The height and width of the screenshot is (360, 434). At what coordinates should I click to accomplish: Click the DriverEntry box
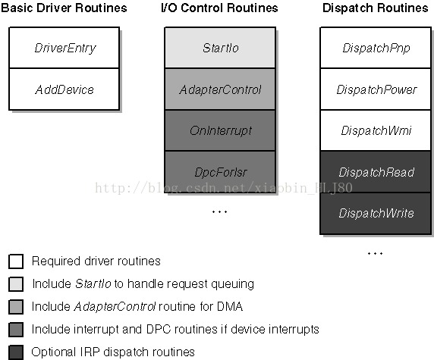pyautogui.click(x=64, y=48)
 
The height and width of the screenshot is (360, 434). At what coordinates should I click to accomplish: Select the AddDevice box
pyautogui.click(x=64, y=89)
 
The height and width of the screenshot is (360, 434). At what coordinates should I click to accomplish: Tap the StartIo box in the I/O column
pyautogui.click(x=220, y=48)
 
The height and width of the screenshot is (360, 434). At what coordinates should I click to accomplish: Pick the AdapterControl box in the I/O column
pyautogui.click(x=220, y=89)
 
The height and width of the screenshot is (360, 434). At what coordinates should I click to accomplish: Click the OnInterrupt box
pyautogui.click(x=220, y=130)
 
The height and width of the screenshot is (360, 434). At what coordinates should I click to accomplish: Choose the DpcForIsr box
pyautogui.click(x=220, y=172)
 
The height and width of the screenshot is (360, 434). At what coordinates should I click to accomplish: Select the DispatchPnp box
pyautogui.click(x=376, y=48)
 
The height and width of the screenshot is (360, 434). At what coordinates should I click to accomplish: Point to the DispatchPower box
pyautogui.click(x=376, y=89)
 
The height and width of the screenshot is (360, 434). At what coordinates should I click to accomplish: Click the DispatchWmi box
pyautogui.click(x=376, y=130)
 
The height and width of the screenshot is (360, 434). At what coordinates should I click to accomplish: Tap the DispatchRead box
pyautogui.click(x=376, y=172)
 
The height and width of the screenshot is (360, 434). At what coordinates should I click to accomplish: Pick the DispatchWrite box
pyautogui.click(x=376, y=214)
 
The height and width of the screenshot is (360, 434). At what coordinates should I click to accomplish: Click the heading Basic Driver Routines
pyautogui.click(x=64, y=8)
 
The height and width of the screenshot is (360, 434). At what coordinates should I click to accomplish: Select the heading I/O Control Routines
pyautogui.click(x=219, y=8)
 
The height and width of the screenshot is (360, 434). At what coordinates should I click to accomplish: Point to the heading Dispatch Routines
pyautogui.click(x=376, y=8)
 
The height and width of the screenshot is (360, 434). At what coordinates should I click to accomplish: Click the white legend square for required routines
pyautogui.click(x=16, y=261)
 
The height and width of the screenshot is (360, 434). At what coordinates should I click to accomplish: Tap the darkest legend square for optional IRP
pyautogui.click(x=16, y=352)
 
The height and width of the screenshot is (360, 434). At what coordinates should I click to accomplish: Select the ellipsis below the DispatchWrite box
pyautogui.click(x=375, y=253)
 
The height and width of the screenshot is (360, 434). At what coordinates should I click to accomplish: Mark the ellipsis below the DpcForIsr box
pyautogui.click(x=220, y=211)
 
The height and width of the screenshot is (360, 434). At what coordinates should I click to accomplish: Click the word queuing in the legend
pyautogui.click(x=232, y=284)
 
